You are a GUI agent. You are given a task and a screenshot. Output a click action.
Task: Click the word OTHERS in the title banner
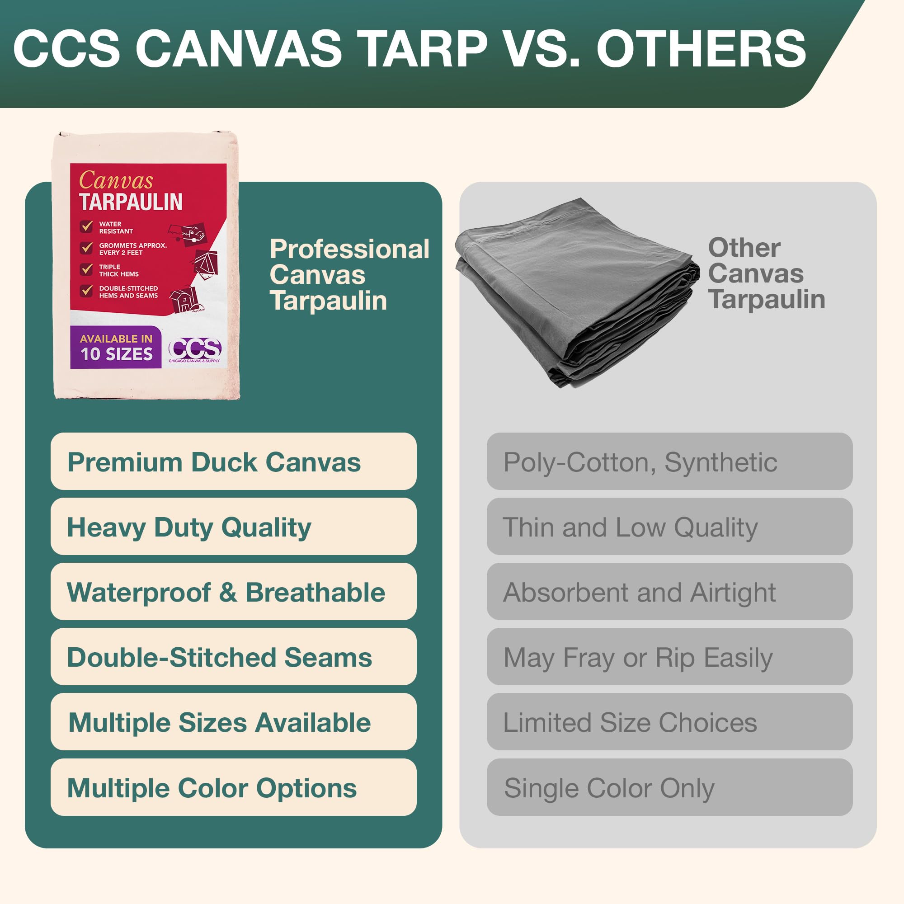(701, 49)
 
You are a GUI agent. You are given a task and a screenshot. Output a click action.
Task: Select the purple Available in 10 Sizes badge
(116, 347)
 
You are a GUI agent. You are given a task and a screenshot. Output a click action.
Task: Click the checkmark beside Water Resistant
(87, 227)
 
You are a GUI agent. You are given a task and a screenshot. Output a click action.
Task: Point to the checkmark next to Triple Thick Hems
(87, 269)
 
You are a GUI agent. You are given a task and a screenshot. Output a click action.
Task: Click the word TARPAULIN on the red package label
(131, 202)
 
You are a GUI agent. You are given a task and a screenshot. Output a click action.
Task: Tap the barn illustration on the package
(185, 298)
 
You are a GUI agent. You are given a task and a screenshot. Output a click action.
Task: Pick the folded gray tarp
(575, 290)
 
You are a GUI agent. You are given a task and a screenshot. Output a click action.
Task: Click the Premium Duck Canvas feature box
(233, 461)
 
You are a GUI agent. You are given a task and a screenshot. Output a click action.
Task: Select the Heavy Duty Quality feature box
(233, 527)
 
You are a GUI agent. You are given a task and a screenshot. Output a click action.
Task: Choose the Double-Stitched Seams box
(233, 656)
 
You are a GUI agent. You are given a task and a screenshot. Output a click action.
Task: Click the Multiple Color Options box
(233, 787)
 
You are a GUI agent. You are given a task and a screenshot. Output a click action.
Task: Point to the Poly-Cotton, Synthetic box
(669, 461)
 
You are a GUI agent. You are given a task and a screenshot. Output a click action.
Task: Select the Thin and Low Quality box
(669, 527)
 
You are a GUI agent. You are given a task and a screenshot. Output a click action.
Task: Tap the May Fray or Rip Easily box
(669, 656)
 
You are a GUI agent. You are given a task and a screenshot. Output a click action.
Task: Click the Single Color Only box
(669, 787)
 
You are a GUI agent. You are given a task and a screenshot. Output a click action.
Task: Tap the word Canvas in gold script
(116, 180)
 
